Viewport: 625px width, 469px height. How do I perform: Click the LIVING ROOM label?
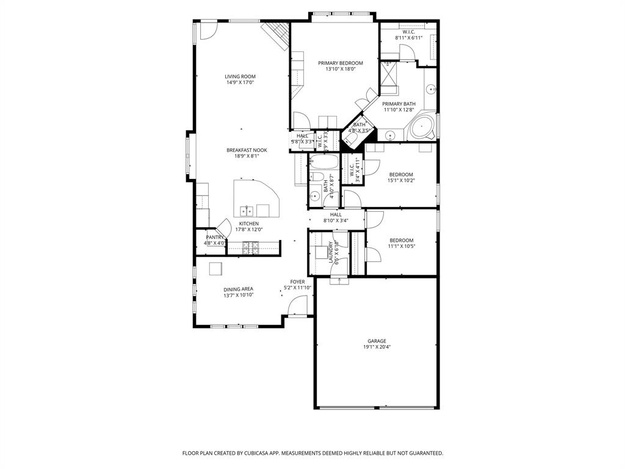tap(240, 76)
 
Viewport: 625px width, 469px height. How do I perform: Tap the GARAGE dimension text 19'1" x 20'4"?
tap(377, 347)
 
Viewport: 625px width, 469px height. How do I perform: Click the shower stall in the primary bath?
tap(389, 77)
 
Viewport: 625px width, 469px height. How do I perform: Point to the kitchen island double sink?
tap(247, 211)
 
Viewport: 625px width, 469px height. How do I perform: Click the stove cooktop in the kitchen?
tap(251, 247)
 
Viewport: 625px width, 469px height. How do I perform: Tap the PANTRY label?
tap(214, 237)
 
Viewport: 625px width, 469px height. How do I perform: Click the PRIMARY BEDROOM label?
tap(340, 63)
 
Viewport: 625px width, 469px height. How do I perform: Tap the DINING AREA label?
tap(238, 289)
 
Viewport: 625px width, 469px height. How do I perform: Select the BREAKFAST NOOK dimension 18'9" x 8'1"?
tap(247, 156)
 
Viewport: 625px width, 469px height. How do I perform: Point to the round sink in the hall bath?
tap(314, 196)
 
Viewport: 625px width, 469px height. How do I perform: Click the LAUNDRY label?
tap(331, 252)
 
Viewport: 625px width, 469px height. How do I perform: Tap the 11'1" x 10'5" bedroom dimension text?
tap(401, 246)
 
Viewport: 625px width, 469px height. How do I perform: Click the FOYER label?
tap(297, 282)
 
